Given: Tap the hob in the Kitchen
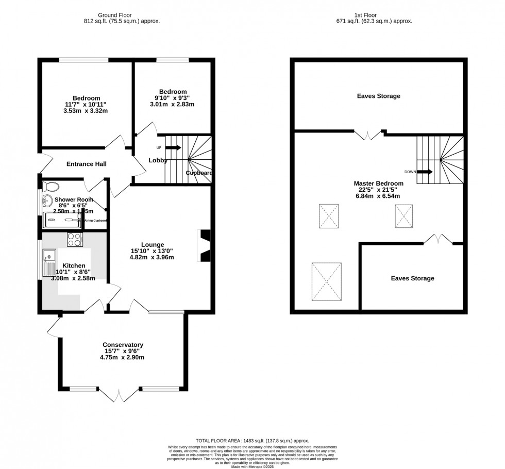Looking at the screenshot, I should tap(75, 239).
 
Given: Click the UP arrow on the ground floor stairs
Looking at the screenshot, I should tap(173, 148).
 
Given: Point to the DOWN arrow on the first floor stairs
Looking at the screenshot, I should tap(425, 172).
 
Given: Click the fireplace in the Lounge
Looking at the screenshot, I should tap(204, 246).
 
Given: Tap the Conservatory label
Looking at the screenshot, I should tap(123, 345).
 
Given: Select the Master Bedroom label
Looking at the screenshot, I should tap(378, 183).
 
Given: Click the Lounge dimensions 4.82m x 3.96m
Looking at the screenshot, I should tap(153, 257).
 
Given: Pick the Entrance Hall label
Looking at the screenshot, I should tap(87, 164).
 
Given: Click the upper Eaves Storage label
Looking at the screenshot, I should tap(378, 96).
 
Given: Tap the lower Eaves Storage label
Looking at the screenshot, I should tap(412, 278).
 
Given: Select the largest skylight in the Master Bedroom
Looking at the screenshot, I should tap(326, 281).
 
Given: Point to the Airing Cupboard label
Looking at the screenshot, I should tap(96, 221).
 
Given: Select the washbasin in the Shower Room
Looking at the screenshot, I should tap(48, 200).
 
